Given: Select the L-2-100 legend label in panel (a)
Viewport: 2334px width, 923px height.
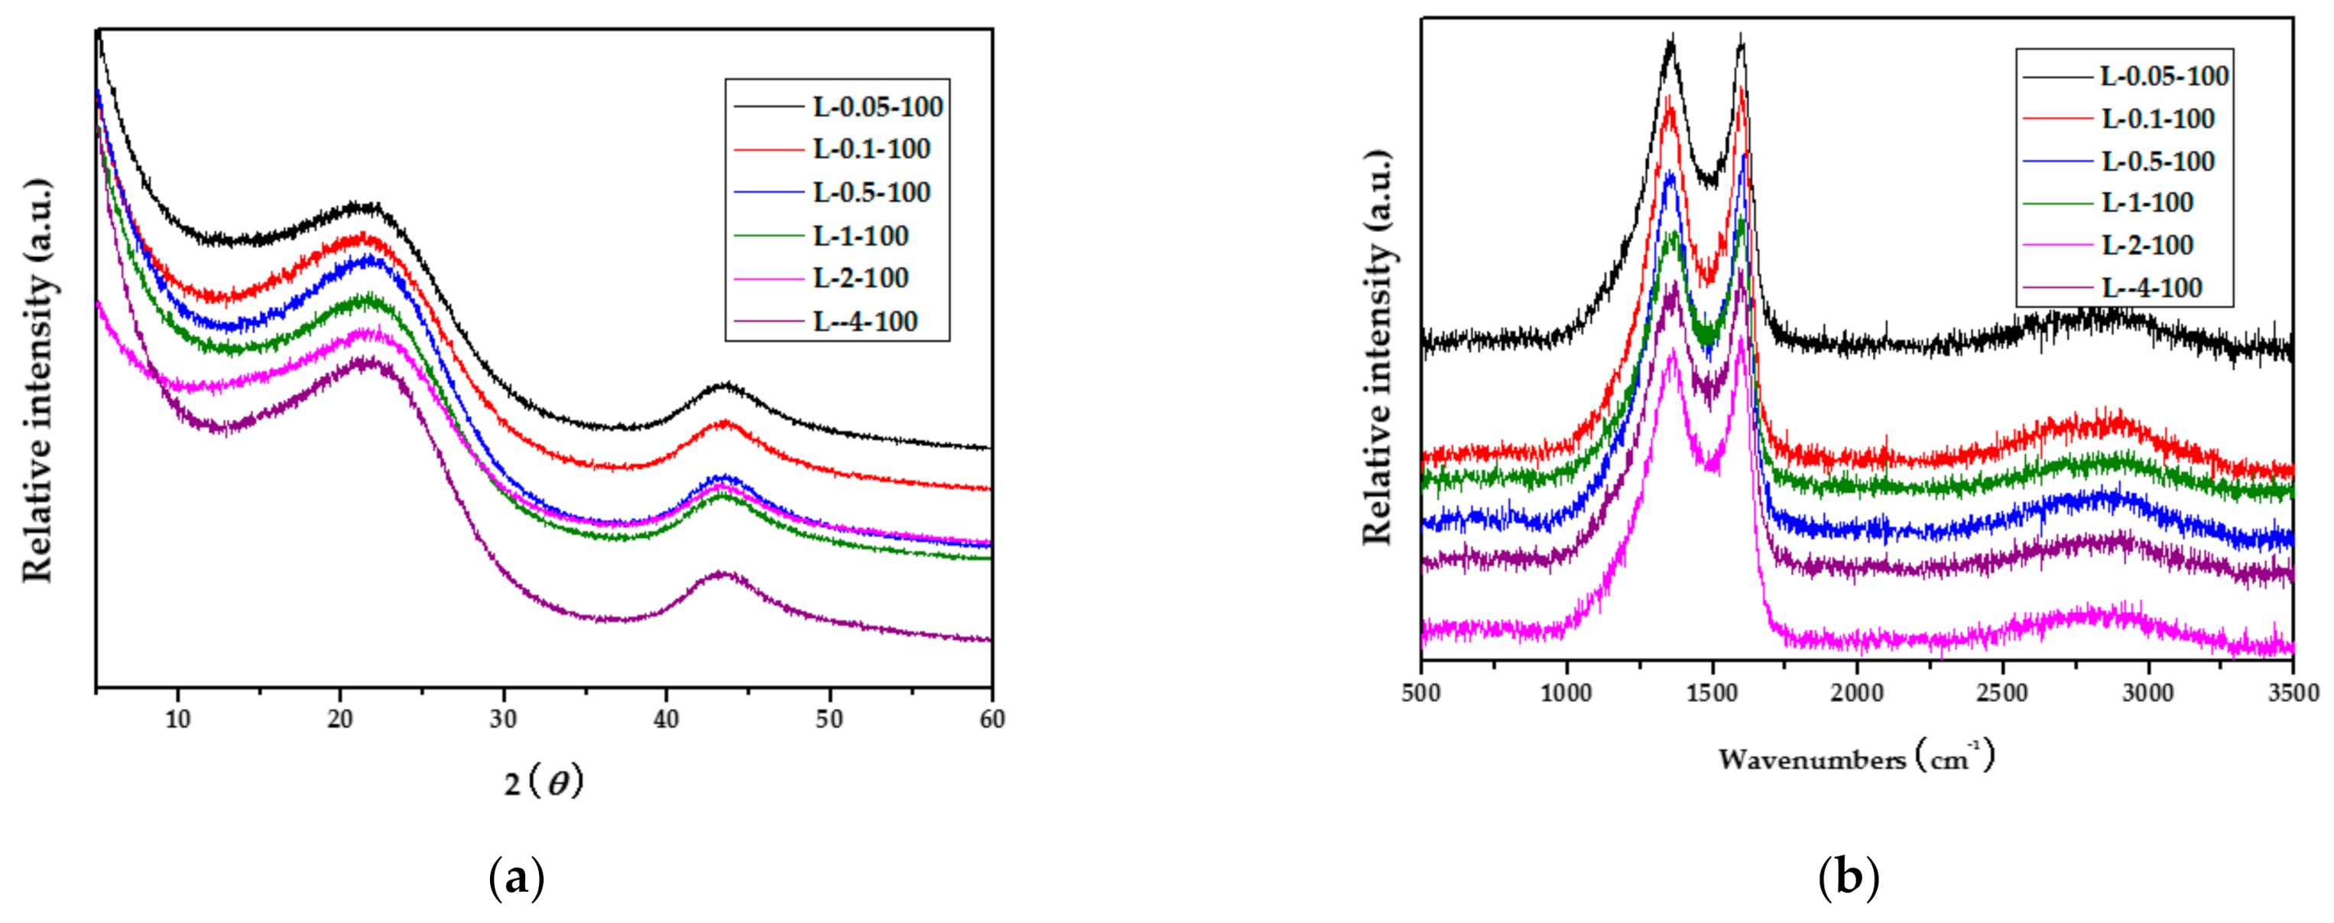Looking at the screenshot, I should click(x=860, y=279).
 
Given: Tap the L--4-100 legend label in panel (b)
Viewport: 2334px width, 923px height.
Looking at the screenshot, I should click(x=2151, y=289).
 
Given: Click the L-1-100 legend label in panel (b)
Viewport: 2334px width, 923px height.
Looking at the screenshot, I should click(x=2147, y=202).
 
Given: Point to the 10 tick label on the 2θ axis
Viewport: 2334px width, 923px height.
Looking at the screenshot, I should click(x=177, y=719).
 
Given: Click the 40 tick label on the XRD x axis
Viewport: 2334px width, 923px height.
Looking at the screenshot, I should click(x=666, y=719).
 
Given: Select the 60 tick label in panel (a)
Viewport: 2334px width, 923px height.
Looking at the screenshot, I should click(x=992, y=719).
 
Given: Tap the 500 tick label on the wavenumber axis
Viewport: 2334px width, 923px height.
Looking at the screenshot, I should click(x=1420, y=693).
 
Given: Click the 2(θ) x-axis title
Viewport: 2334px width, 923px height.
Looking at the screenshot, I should click(x=544, y=781).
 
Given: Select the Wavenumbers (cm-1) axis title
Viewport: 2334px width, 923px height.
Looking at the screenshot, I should click(x=1856, y=757).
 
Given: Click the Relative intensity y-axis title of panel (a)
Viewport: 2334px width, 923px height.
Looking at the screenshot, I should click(x=38, y=381).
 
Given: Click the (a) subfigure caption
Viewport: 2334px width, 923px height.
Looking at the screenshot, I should click(x=517, y=878).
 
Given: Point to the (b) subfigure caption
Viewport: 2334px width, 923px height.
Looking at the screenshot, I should click(x=1849, y=878).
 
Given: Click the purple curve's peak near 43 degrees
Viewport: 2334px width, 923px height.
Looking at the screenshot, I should click(x=722, y=573).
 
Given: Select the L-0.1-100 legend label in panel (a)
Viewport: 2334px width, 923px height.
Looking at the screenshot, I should click(x=871, y=148).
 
